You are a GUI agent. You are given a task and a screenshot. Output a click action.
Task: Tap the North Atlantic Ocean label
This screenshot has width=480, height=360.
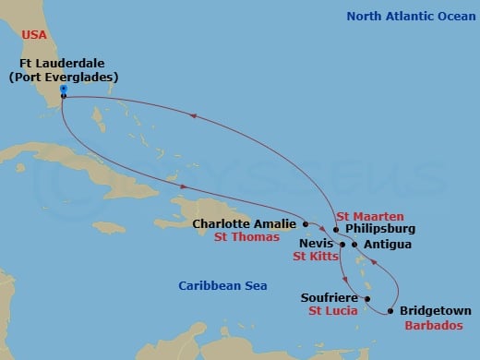[401, 16]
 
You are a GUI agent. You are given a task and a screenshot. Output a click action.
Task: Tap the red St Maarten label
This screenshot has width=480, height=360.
[369, 215]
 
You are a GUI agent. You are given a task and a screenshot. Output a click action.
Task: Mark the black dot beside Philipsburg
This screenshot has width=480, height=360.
[336, 228]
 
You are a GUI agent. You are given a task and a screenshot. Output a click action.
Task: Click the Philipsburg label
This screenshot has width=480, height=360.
[378, 228]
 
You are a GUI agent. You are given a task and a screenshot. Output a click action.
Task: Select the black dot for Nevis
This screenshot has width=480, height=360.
[343, 245]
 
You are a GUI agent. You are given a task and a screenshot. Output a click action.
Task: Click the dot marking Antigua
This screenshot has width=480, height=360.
[354, 245]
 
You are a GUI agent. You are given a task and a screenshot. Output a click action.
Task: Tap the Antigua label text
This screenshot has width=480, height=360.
[388, 245]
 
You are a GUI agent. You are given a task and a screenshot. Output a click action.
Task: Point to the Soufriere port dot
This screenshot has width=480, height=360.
[366, 299]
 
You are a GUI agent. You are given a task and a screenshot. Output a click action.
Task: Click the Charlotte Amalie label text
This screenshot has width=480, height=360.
[245, 223]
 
